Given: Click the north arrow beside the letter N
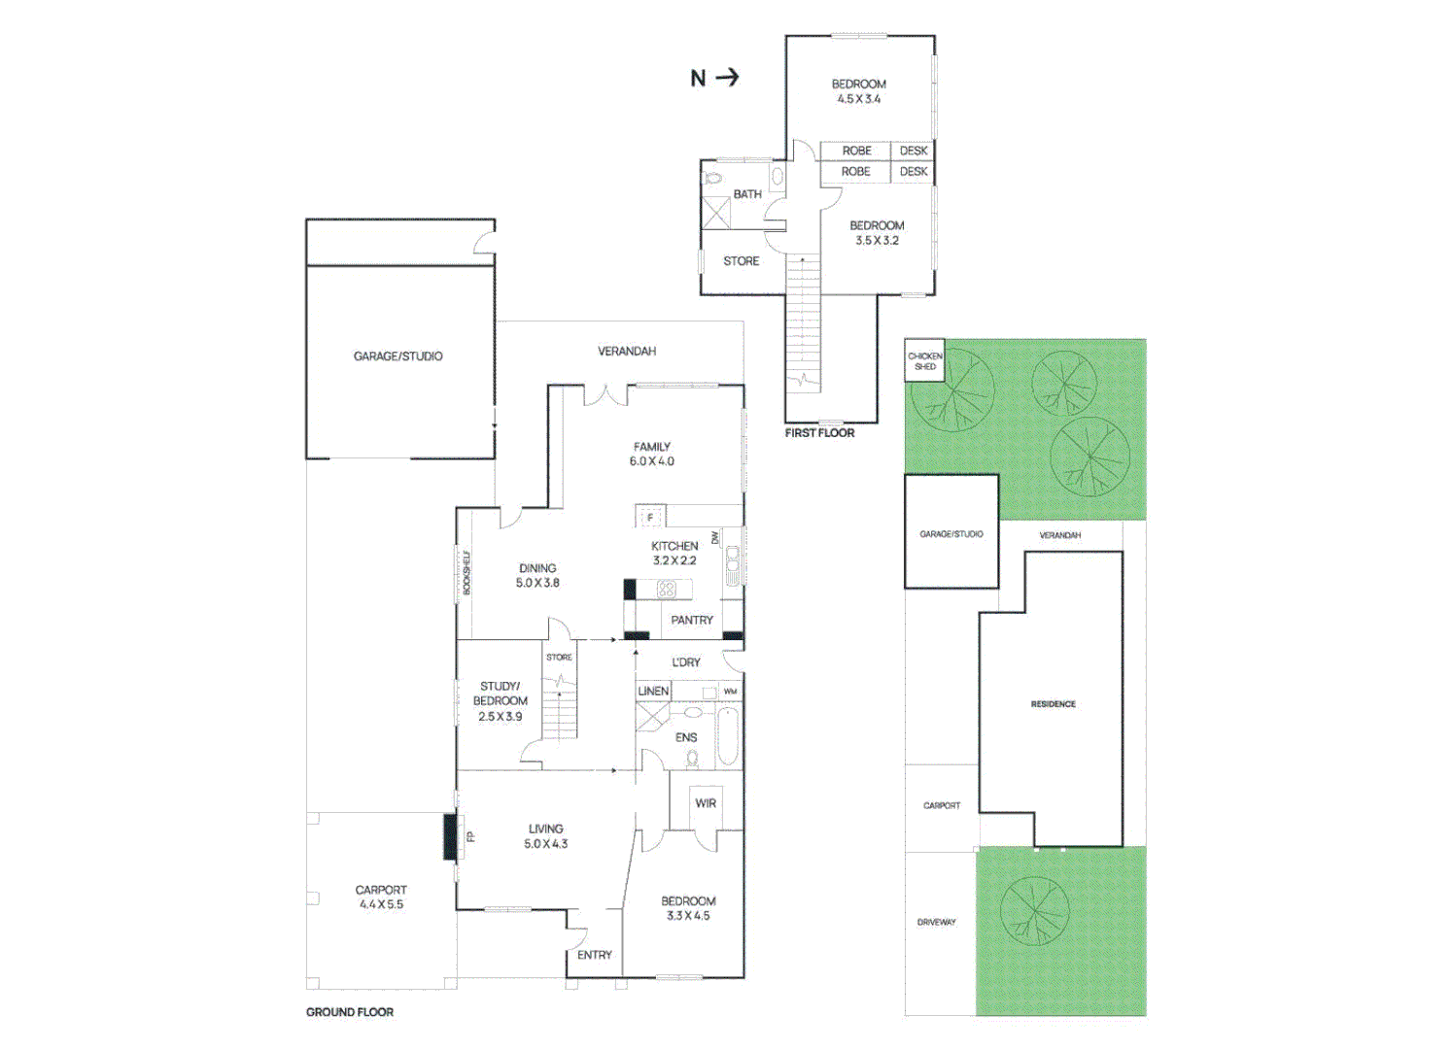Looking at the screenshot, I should (x=728, y=78).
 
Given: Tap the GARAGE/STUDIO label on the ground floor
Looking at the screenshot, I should (x=398, y=356).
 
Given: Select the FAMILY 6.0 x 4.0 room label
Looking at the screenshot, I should (x=651, y=454).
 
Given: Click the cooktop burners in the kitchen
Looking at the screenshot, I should (x=667, y=589).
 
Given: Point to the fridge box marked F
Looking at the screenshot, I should (x=650, y=517).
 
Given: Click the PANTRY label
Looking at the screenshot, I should (x=692, y=620).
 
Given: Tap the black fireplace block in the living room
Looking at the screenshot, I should (x=450, y=836).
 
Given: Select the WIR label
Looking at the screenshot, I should (x=706, y=803).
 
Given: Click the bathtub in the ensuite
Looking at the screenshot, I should (x=728, y=736).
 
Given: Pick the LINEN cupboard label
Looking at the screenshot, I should (x=653, y=692).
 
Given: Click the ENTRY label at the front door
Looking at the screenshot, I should (x=595, y=955).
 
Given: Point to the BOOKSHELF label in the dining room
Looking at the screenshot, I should (x=467, y=573).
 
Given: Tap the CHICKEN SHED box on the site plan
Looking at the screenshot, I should (x=924, y=360).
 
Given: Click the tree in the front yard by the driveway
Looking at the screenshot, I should (x=1034, y=912).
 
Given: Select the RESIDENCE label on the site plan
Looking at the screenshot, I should (x=1053, y=704).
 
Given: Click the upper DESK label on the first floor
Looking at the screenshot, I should (x=914, y=151).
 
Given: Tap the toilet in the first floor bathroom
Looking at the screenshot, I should (x=712, y=179).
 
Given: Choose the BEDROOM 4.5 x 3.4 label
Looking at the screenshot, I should (x=858, y=91).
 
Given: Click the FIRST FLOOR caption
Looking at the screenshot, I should (x=819, y=433).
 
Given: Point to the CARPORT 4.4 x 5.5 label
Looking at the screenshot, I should (x=380, y=897).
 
